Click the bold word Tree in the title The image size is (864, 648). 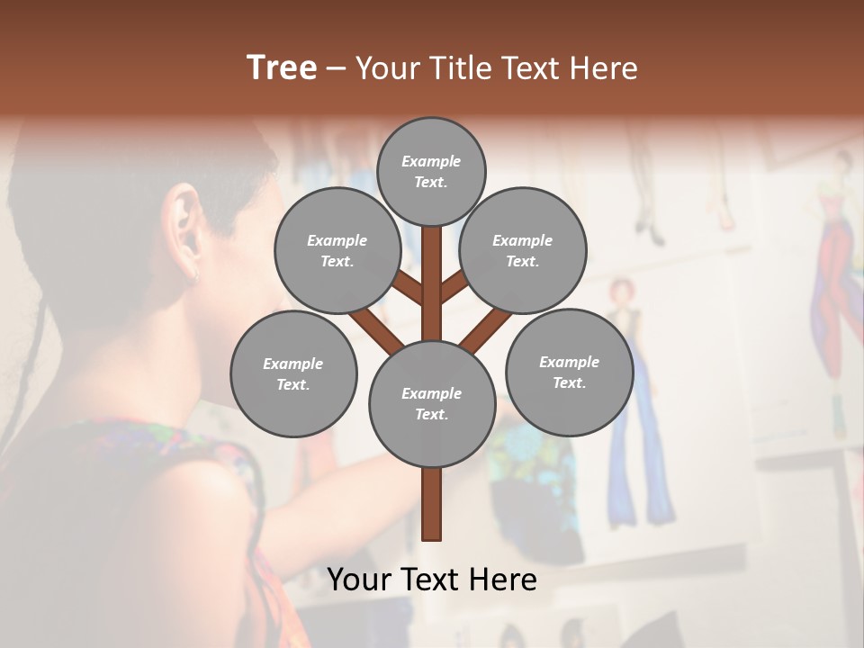tap(282, 67)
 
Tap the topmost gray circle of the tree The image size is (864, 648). tap(431, 171)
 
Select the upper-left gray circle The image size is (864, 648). tap(337, 250)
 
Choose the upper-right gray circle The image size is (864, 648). tap(523, 250)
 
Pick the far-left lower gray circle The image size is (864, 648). tap(293, 373)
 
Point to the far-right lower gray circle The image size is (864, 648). tap(570, 372)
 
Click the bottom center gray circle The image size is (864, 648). tap(432, 403)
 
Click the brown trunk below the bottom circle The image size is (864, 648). tap(432, 504)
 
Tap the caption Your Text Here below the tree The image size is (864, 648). tap(432, 580)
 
